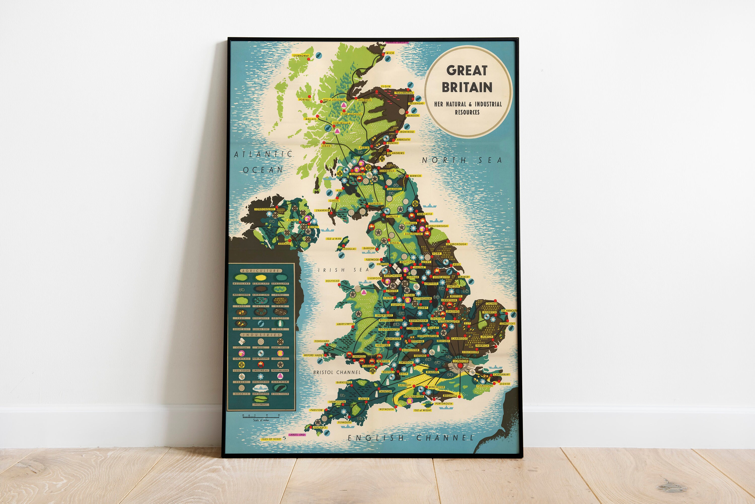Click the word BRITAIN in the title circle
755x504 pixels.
point(467,87)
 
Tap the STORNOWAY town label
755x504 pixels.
point(301,56)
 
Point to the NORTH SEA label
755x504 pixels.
point(462,160)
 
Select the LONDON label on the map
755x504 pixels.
point(460,361)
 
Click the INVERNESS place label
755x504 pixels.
point(364,100)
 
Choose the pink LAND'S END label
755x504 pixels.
point(297,435)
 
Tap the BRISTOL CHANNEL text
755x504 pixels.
point(337,372)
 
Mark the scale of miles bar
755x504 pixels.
point(261,417)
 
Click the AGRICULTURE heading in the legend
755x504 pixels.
point(261,271)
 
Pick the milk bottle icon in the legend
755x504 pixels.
point(280,324)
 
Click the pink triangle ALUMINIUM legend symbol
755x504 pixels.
point(280,376)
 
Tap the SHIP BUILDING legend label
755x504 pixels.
point(261,393)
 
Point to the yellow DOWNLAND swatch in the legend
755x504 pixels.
point(261,278)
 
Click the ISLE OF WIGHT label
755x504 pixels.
point(423,410)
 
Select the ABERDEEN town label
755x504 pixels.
point(412,115)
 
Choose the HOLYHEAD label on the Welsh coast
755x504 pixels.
point(332,281)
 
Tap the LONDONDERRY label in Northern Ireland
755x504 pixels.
point(265,209)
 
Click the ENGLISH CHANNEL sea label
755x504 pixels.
point(410,438)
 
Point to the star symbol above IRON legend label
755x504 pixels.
point(280,365)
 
